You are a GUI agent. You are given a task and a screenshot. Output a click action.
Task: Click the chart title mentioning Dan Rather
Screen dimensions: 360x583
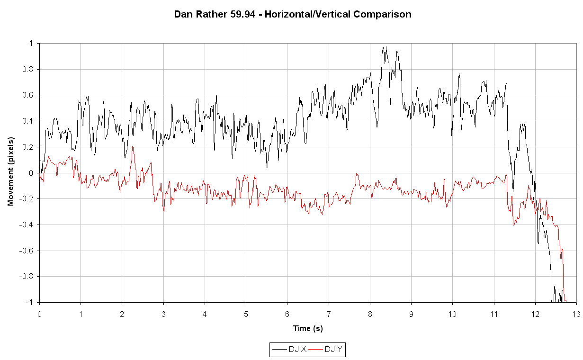click(292, 14)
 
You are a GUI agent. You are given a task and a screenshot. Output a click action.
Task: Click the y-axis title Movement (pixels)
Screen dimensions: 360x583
click(10, 171)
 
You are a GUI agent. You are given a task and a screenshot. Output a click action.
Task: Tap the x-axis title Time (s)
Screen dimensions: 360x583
click(308, 328)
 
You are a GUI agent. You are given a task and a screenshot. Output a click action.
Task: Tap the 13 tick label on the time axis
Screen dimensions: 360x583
click(576, 314)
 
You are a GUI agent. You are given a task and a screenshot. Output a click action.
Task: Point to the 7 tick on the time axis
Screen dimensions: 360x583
click(329, 314)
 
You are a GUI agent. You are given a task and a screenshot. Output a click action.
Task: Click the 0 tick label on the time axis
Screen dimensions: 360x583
click(39, 314)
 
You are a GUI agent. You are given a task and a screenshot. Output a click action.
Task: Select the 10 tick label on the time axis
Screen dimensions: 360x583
click(452, 314)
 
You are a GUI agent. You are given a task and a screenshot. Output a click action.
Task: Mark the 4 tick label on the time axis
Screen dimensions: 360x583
click(205, 314)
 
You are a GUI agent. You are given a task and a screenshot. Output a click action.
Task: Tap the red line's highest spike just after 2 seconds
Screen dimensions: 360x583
click(133, 147)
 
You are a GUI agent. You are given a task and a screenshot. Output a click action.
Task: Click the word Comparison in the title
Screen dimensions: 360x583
click(384, 14)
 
